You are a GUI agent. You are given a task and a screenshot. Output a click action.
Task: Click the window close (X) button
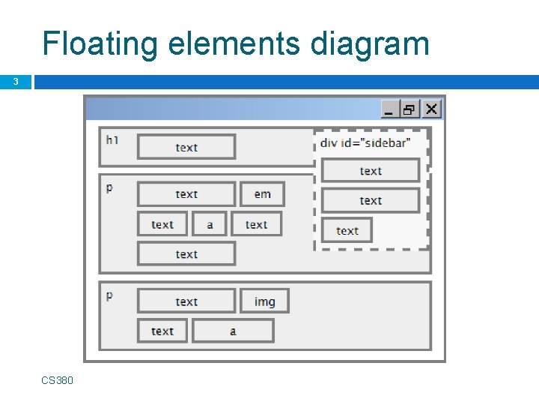pyautogui.click(x=431, y=109)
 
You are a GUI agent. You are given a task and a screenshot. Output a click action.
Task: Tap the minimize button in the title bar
pyautogui.click(x=390, y=109)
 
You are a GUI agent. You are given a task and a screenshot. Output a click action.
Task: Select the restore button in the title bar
pyautogui.click(x=410, y=109)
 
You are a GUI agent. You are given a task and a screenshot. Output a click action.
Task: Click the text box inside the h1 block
pyautogui.click(x=186, y=147)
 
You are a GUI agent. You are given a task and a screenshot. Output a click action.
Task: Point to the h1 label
pyautogui.click(x=112, y=139)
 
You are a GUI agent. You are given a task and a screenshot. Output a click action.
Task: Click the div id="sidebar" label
pyautogui.click(x=365, y=143)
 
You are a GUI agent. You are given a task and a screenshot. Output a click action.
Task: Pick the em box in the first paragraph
pyautogui.click(x=262, y=194)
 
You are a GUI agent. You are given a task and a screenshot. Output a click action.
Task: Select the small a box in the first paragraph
pyautogui.click(x=210, y=224)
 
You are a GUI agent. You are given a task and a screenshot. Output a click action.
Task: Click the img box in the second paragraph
pyautogui.click(x=264, y=301)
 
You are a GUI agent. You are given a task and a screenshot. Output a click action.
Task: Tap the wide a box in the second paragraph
pyautogui.click(x=233, y=331)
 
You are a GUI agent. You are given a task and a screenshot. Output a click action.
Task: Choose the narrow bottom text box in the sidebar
pyautogui.click(x=347, y=231)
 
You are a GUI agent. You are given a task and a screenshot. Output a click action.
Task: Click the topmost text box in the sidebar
pyautogui.click(x=371, y=171)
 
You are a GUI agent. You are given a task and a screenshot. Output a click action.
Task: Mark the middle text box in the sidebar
pyautogui.click(x=371, y=201)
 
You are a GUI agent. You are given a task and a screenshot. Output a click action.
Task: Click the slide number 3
pyautogui.click(x=15, y=82)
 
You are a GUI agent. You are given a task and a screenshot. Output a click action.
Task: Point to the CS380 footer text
pyautogui.click(x=58, y=380)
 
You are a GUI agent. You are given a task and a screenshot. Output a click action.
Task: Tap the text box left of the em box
pyautogui.click(x=186, y=194)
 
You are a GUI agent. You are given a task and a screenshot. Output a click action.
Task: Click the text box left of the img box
pyautogui.click(x=186, y=301)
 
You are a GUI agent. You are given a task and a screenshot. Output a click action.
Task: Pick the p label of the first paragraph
pyautogui.click(x=110, y=187)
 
